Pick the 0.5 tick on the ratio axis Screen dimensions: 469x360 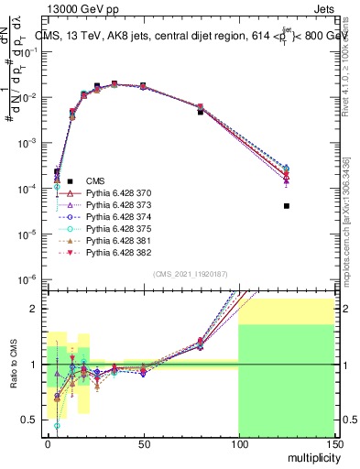tap(35, 420)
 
